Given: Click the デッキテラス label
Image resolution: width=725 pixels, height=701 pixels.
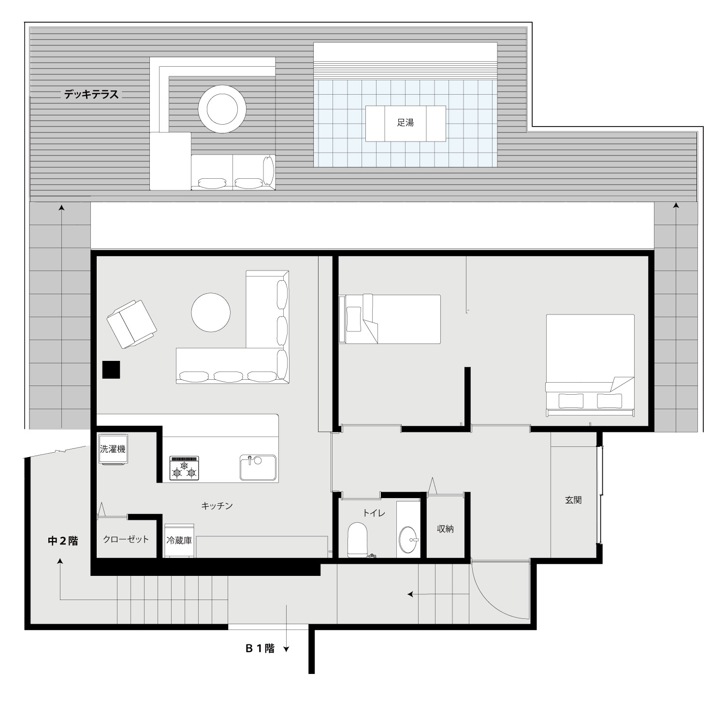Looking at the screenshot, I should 91,95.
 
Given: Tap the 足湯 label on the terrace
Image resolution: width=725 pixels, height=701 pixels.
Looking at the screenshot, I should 405,123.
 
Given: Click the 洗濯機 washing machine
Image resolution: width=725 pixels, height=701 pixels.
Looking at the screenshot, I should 113,449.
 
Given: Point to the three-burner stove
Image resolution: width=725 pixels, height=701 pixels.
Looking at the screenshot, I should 184,468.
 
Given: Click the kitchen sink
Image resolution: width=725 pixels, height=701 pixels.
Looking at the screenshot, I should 258,467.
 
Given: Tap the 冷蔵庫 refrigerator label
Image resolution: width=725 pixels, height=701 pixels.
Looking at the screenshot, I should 179,540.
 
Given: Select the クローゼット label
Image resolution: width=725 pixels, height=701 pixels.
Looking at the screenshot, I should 126,540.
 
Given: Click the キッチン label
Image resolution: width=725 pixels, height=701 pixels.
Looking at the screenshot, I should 217,506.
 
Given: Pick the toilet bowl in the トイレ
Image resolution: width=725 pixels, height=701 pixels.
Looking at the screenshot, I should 358,539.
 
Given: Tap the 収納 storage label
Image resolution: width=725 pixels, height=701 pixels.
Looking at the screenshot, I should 445,529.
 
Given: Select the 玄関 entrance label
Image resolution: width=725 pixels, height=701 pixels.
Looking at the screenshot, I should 573,500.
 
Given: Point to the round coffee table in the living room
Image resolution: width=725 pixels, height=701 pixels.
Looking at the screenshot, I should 211,313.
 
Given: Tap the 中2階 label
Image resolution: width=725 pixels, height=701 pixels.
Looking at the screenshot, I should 63,541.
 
